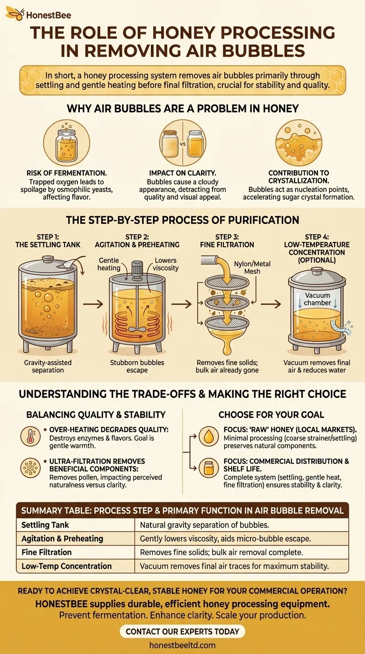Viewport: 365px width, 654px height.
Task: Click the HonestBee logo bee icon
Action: pos(14,14)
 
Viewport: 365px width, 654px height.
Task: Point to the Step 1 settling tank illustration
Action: pos(48,304)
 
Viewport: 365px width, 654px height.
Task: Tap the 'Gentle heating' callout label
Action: pos(109,264)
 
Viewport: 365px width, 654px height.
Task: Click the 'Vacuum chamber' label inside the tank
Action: pos(317,299)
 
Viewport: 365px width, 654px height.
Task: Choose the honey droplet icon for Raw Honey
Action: pos(209,436)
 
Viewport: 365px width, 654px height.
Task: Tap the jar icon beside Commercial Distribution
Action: pos(209,469)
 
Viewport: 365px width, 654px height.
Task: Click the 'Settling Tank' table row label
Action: pos(46,525)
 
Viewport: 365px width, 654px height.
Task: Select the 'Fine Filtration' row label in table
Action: pos(47,552)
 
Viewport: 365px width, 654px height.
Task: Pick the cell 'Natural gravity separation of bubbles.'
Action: pos(204,525)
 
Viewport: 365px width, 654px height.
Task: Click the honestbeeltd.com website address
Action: pos(182,645)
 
